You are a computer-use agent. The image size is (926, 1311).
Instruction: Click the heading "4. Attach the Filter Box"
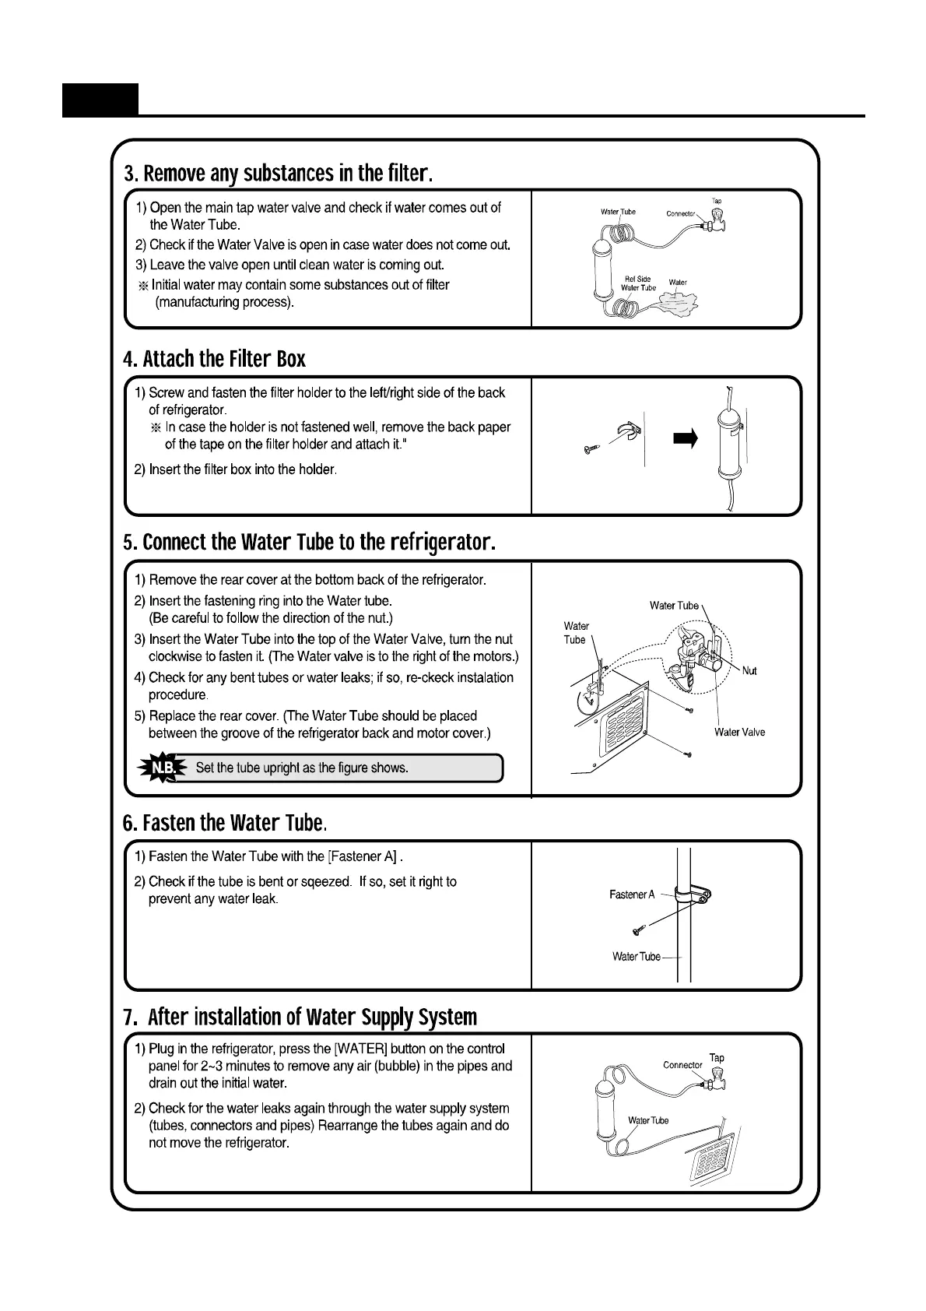click(x=214, y=359)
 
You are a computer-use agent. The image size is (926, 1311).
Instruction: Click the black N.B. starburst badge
click(x=163, y=768)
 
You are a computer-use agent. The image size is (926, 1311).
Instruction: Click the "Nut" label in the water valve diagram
click(x=749, y=671)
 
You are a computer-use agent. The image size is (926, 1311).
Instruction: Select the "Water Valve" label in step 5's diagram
click(x=739, y=733)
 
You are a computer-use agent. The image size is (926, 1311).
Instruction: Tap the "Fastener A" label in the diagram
click(x=632, y=895)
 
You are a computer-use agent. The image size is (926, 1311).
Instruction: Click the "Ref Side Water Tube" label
click(x=638, y=283)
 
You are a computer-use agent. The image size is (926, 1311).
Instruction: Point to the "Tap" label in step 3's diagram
click(x=717, y=201)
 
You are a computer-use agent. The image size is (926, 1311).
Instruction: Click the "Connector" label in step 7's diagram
click(x=682, y=1065)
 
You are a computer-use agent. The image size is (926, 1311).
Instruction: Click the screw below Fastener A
click(x=638, y=930)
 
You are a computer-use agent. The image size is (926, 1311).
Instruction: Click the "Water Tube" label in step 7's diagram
click(x=648, y=1120)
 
